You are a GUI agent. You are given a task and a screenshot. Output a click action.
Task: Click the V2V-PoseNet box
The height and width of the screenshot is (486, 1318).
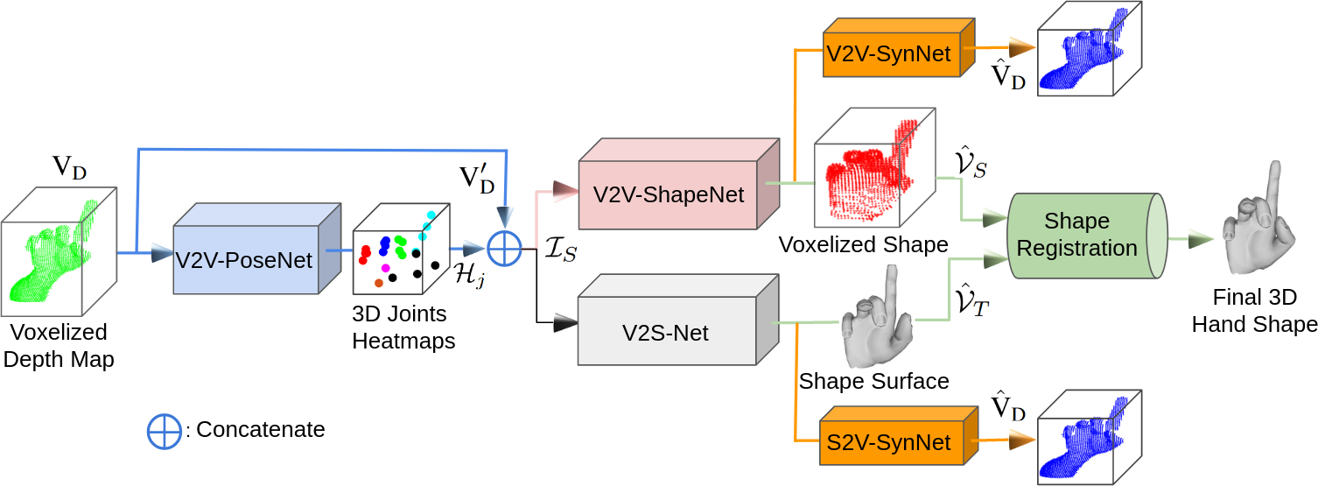coord(245,259)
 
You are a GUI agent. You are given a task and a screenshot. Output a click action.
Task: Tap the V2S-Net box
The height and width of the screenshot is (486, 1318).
coord(666,332)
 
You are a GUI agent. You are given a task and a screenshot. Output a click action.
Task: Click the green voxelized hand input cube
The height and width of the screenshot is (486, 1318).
coord(58,252)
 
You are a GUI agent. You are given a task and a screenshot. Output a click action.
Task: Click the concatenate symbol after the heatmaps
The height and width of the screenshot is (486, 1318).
coord(504,249)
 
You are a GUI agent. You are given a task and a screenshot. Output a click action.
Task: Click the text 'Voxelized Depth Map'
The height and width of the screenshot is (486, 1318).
coord(59,346)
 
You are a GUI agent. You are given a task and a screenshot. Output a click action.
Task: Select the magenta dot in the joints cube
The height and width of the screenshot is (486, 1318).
coord(386,268)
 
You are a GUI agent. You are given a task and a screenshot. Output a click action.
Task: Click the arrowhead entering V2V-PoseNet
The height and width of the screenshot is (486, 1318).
coord(161,253)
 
